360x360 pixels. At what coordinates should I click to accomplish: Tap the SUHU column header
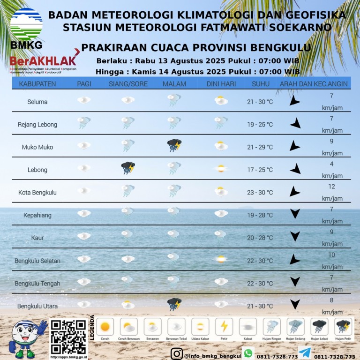(260, 84)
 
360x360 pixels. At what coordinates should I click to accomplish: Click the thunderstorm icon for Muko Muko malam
(174, 146)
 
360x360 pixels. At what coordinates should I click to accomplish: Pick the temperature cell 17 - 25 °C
(260, 170)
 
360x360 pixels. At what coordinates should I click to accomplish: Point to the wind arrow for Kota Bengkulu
(294, 191)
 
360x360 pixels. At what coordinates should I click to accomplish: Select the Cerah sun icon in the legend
(105, 326)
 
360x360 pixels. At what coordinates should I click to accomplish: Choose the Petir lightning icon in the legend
(224, 326)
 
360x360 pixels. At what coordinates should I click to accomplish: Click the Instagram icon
(177, 353)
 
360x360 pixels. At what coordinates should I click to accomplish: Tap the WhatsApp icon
(248, 353)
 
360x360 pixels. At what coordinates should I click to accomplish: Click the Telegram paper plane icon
(304, 353)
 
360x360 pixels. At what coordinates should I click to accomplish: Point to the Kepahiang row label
(37, 215)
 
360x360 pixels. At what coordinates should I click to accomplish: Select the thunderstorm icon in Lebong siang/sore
(127, 168)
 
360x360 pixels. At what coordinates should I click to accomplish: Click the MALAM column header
(174, 84)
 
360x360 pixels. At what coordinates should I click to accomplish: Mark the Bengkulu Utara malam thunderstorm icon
(174, 305)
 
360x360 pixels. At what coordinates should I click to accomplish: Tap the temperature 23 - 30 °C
(260, 192)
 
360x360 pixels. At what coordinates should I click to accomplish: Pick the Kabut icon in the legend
(247, 327)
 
